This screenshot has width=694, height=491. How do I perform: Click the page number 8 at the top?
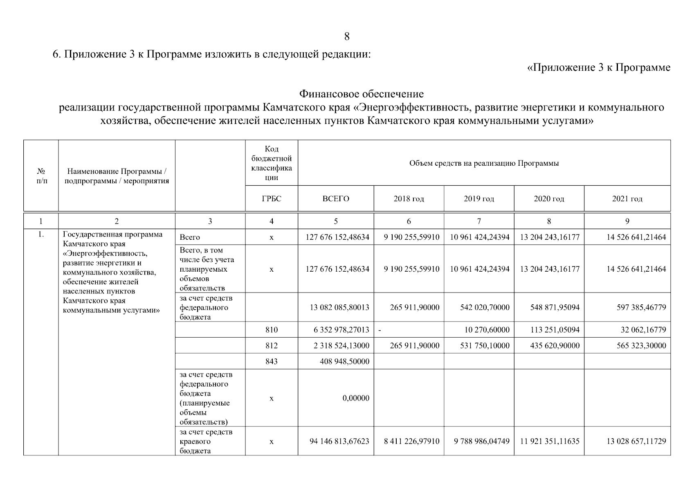347,37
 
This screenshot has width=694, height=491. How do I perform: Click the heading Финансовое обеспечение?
361,94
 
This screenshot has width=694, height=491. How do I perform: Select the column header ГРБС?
272,199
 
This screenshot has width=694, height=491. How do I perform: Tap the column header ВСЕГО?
336,199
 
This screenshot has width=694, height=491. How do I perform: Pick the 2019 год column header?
478,199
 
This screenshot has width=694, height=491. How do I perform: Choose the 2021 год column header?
627,199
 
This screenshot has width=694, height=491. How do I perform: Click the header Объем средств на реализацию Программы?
484,163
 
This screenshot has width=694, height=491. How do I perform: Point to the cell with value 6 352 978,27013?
341,330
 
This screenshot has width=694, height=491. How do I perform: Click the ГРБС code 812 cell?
272,346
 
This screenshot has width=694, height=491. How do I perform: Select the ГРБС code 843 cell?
272,361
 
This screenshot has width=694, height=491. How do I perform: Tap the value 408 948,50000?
341,361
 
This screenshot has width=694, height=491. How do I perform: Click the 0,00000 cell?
356,398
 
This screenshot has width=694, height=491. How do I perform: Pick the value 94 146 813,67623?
339,441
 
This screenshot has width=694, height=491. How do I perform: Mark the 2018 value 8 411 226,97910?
411,441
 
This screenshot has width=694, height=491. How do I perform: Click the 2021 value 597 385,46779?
641,307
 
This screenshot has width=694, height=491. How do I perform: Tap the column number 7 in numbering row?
478,221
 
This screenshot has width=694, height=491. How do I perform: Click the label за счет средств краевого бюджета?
206,441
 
